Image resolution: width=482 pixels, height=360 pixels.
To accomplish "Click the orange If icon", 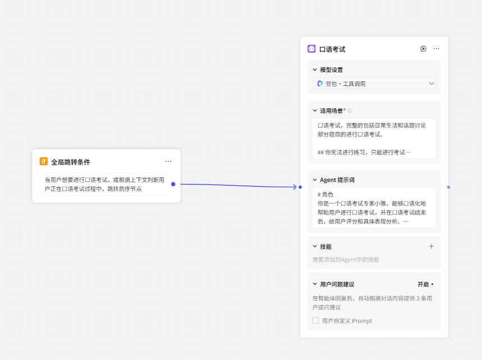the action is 44,162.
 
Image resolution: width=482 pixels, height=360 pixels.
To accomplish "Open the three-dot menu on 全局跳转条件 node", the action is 168,161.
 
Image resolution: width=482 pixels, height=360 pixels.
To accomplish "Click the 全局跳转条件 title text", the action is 71,162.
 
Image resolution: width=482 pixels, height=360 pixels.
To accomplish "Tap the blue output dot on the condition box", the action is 173,184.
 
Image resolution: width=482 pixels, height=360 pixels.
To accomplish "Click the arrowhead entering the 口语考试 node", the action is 295,187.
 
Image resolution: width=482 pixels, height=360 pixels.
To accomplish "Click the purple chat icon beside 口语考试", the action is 311,49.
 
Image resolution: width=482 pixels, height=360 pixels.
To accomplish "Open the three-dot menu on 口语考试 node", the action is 437,49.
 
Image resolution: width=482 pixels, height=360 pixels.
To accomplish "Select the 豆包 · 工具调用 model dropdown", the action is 374,83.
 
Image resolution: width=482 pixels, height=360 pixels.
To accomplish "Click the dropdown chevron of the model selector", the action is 431,83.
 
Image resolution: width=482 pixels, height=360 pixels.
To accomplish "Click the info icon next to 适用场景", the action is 350,111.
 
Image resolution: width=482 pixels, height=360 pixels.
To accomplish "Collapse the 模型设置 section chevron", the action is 315,70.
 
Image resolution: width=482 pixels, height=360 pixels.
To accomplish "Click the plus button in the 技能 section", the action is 431,246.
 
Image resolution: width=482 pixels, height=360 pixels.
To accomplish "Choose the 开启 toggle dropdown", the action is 425,284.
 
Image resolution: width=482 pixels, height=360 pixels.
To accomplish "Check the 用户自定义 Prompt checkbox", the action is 316,321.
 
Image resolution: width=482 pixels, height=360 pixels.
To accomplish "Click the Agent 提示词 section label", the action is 337,180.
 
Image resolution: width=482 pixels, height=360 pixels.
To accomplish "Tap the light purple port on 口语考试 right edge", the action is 448,187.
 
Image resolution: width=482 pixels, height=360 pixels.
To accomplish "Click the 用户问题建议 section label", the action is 337,284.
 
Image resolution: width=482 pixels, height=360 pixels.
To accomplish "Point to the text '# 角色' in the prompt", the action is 325,194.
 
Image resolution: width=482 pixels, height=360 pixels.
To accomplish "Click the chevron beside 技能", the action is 315,246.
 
